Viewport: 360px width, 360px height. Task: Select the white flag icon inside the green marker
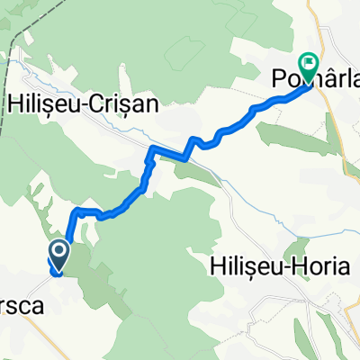(x=310, y=63)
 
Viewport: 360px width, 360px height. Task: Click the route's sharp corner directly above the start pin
(x=73, y=211)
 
